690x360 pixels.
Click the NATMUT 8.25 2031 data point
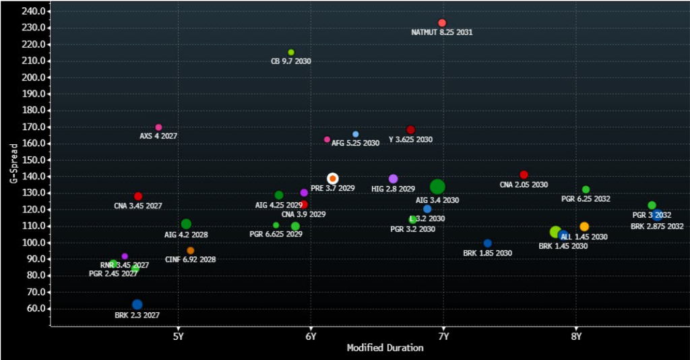(x=442, y=23)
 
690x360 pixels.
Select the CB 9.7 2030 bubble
(x=291, y=53)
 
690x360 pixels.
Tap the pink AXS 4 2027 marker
(x=158, y=127)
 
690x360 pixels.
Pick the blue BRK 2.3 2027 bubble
(x=137, y=305)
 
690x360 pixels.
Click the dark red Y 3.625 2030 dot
(x=410, y=129)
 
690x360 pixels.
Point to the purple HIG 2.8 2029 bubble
(x=394, y=179)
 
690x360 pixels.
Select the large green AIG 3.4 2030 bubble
(x=437, y=187)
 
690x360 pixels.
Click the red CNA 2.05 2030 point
(x=524, y=175)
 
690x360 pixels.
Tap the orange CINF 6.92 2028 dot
(x=191, y=251)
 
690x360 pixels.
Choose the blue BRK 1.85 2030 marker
(x=488, y=243)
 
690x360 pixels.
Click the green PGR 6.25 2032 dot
(x=586, y=189)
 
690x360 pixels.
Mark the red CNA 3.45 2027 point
(x=138, y=196)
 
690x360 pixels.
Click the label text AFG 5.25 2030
(x=355, y=143)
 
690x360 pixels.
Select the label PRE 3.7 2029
(x=332, y=189)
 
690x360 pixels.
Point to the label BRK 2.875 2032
(x=657, y=227)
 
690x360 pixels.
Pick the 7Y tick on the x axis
(x=443, y=335)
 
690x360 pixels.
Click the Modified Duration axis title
(x=385, y=348)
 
